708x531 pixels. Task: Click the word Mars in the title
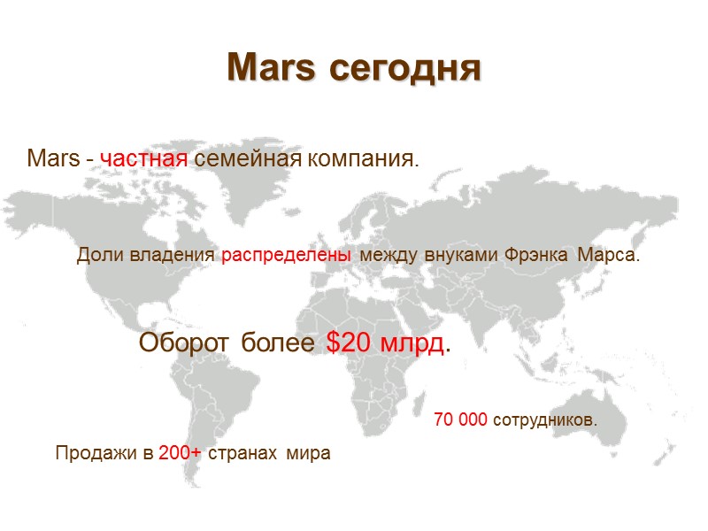pos(271,67)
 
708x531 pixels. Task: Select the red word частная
pos(144,160)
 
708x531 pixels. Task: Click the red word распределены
pos(285,256)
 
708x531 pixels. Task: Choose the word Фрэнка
pos(538,256)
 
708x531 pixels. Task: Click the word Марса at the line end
pos(608,256)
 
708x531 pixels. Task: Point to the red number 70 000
pos(460,419)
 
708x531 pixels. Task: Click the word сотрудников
pos(544,419)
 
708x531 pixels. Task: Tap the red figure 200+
pos(180,454)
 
